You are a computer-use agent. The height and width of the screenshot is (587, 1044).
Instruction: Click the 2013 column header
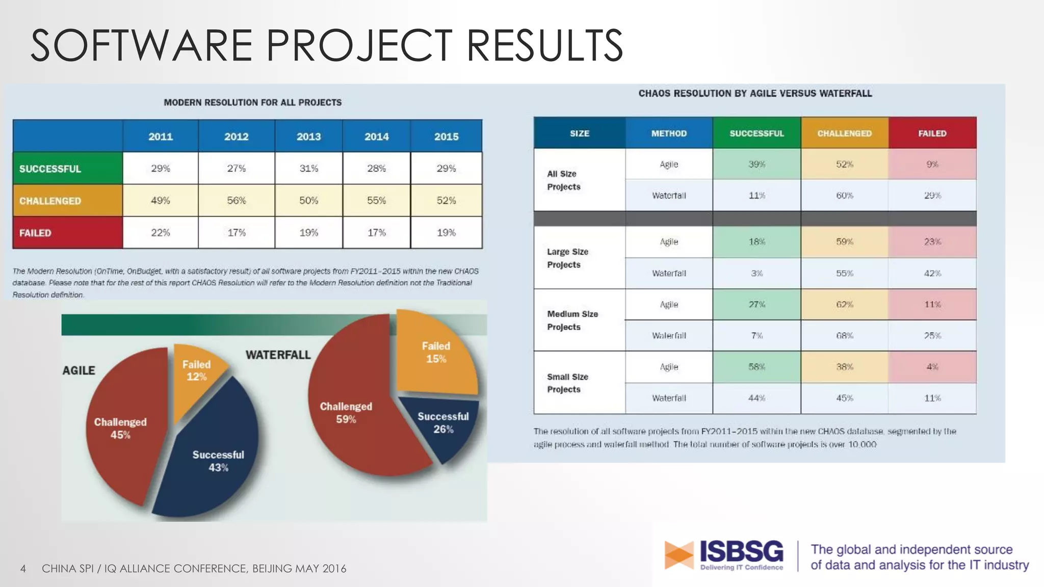click(x=308, y=137)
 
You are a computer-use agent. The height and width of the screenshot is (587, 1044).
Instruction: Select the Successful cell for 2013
click(x=308, y=168)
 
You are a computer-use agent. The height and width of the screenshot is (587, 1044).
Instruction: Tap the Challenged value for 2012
click(x=236, y=200)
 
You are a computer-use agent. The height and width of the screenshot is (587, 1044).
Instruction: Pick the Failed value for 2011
click(x=160, y=232)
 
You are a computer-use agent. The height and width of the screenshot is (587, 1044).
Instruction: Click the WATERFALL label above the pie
click(x=278, y=355)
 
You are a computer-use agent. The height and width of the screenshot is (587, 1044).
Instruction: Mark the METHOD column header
click(x=669, y=134)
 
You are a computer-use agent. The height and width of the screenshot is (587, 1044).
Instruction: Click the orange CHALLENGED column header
click(x=844, y=134)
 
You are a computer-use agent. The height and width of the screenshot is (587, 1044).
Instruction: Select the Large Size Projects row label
click(x=567, y=258)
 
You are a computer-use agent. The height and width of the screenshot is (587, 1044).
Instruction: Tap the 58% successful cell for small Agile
click(x=756, y=367)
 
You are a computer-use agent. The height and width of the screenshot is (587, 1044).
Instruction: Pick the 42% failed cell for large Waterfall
click(x=932, y=273)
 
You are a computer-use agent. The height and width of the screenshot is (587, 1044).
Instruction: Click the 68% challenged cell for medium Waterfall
click(x=844, y=335)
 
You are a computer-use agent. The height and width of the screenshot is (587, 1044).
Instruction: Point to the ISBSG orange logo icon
click(x=678, y=555)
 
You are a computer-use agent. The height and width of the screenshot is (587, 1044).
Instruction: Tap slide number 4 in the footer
click(x=23, y=569)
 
